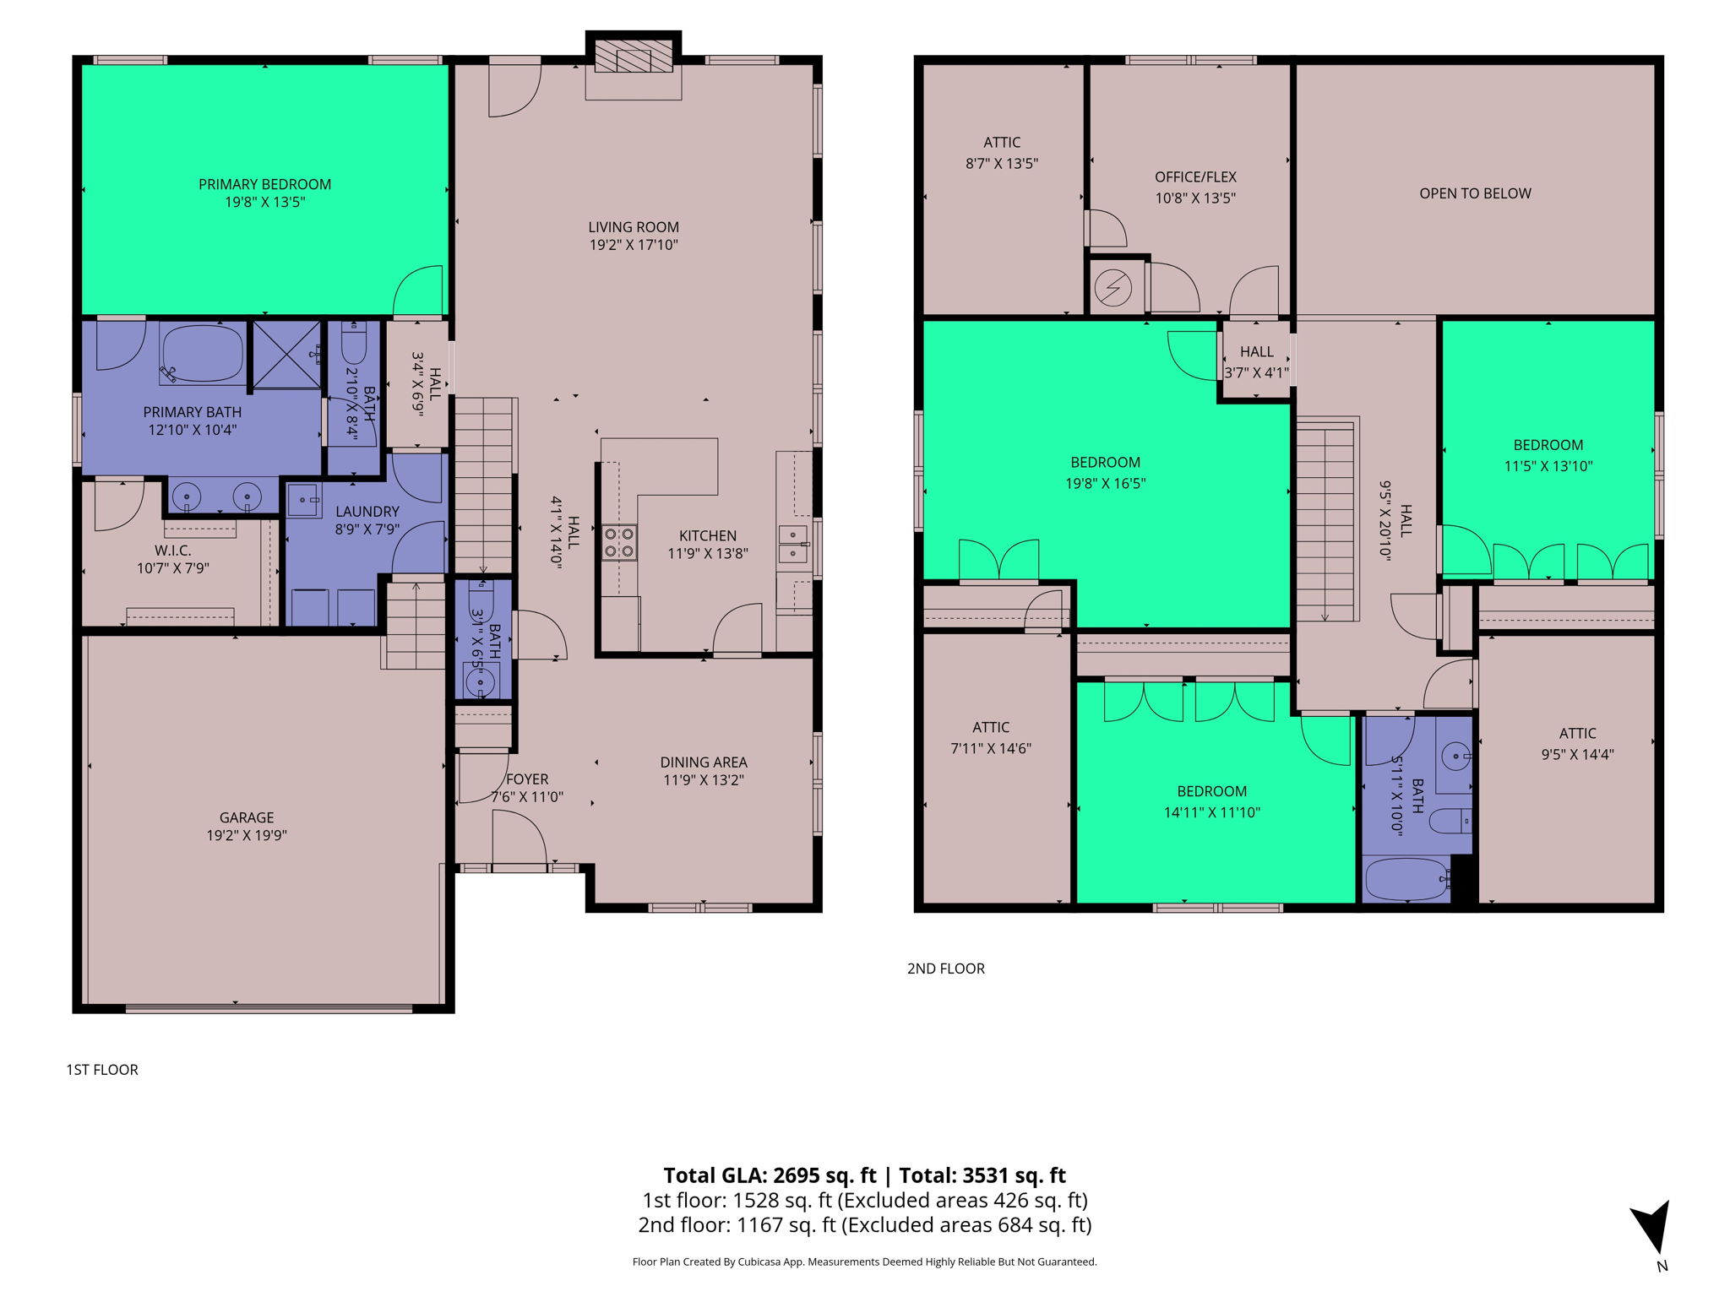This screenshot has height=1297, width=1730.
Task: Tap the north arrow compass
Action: (x=1651, y=1229)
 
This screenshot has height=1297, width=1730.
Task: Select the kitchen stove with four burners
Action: (x=619, y=543)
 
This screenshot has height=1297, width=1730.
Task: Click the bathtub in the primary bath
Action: (x=203, y=355)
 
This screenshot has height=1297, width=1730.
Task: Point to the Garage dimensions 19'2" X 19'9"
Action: (x=247, y=836)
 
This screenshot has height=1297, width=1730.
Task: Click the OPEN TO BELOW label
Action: (x=1475, y=193)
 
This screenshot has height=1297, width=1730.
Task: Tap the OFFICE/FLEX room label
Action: (x=1195, y=177)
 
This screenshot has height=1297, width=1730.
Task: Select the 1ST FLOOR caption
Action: (x=102, y=1070)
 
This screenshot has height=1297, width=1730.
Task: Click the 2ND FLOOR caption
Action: (x=945, y=969)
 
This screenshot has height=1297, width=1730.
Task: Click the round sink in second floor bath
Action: (x=1455, y=756)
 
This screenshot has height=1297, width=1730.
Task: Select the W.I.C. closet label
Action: (x=172, y=551)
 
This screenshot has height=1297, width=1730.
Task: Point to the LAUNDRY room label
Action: (x=367, y=512)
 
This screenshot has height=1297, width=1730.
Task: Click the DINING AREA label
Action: (x=704, y=762)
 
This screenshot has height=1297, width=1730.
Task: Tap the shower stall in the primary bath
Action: (x=287, y=355)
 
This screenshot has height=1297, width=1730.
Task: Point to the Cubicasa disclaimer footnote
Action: (x=864, y=1262)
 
